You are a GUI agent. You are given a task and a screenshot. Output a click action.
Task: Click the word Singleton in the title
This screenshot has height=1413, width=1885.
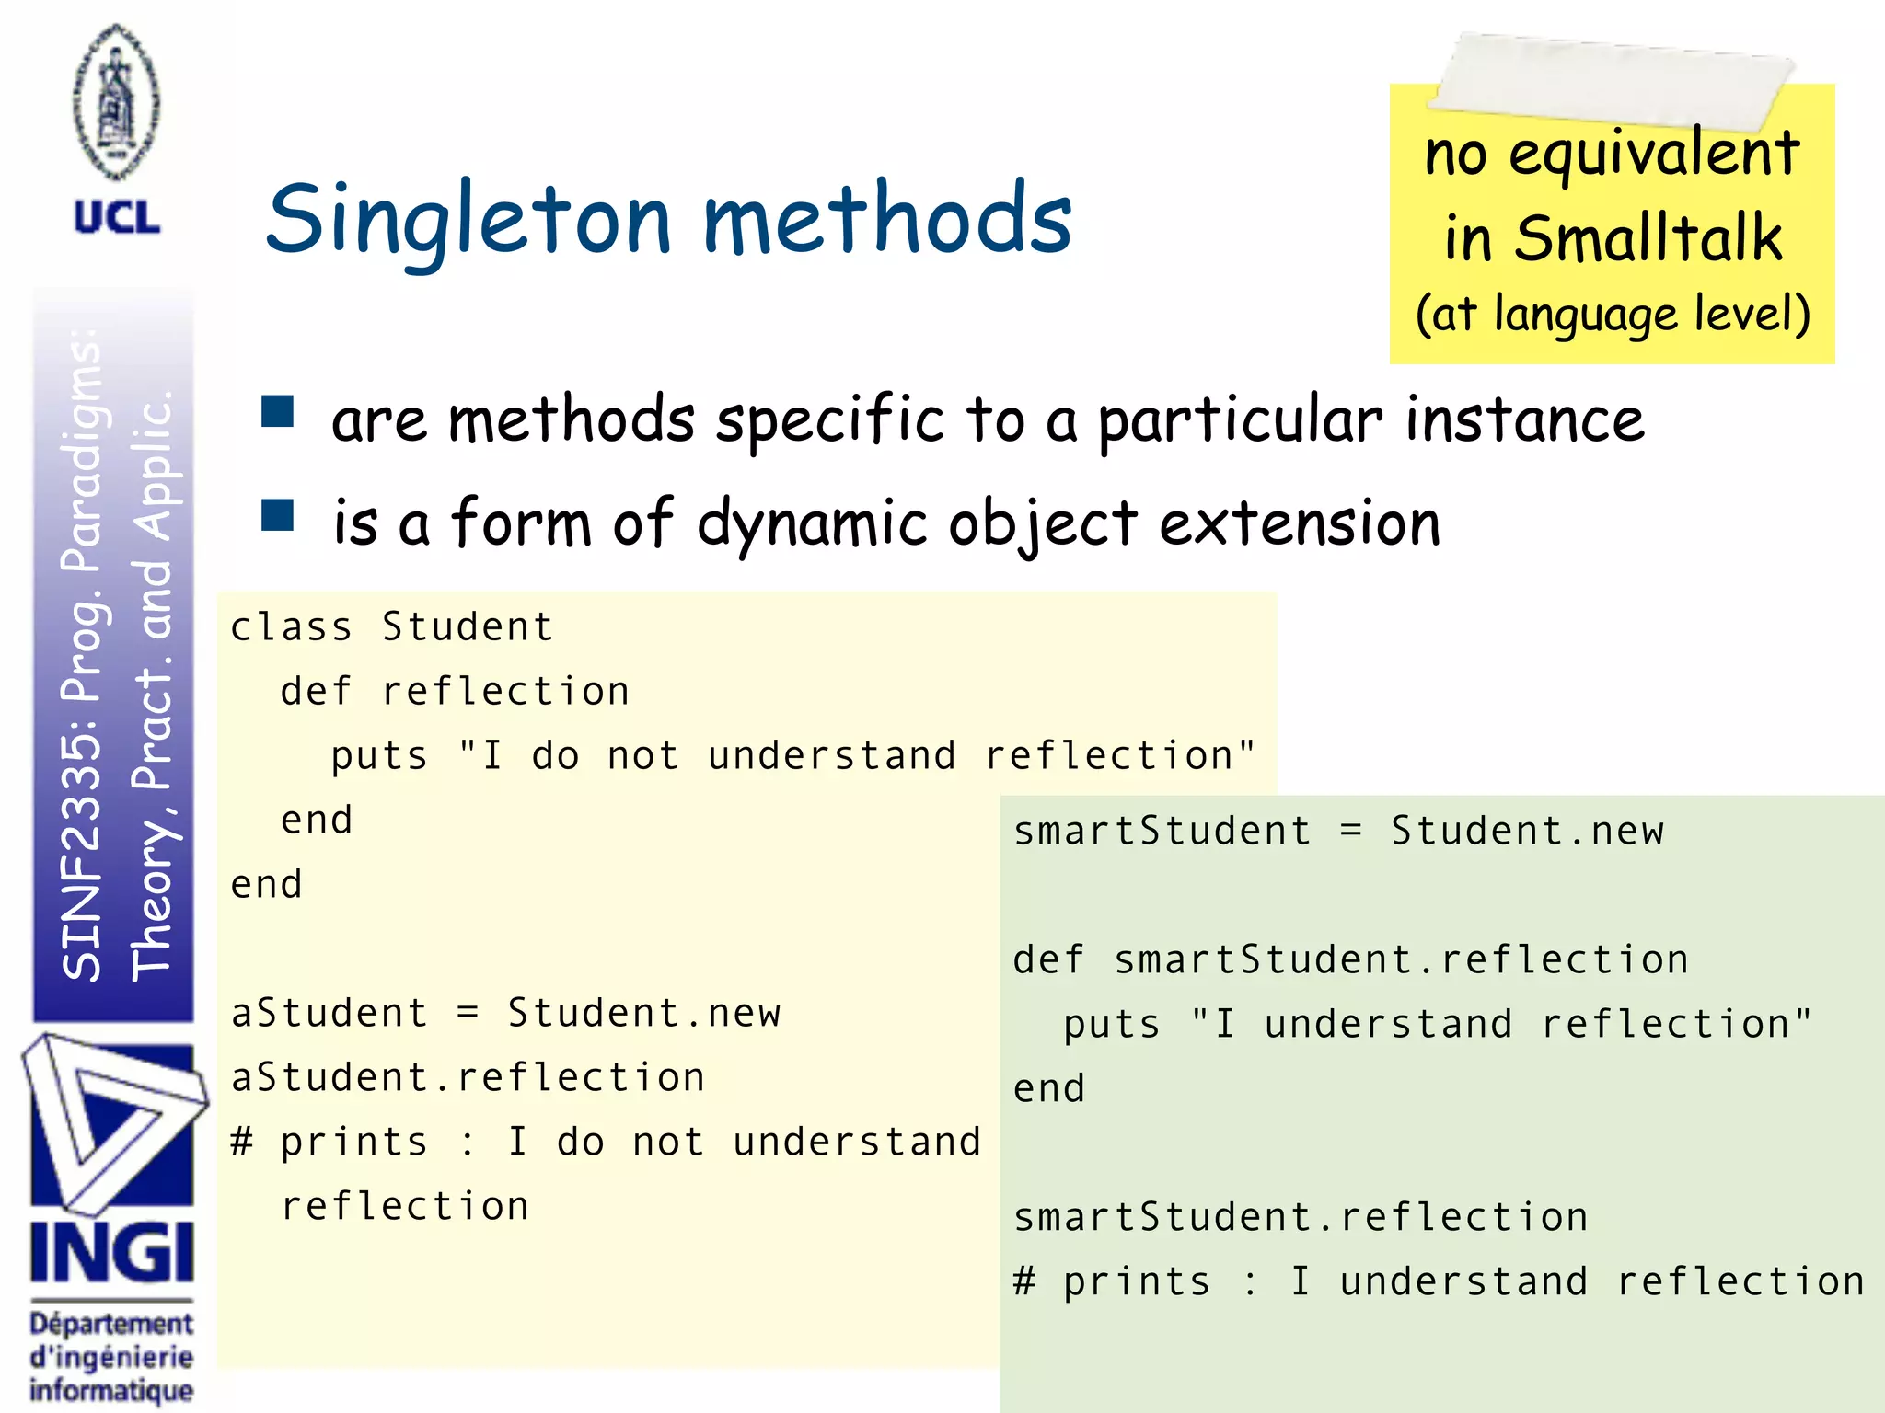pos(469,221)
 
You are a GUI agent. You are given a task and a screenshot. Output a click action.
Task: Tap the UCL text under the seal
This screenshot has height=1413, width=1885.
pos(117,218)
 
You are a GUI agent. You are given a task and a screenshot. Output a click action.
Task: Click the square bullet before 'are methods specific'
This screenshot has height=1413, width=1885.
pos(277,412)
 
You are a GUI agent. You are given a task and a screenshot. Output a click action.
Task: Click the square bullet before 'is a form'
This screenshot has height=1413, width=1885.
pos(277,516)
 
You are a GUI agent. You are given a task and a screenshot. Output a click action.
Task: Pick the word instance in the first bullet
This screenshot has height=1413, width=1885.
pos(1524,419)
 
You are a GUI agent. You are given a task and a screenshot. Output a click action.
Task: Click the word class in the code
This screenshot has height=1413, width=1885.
pos(291,627)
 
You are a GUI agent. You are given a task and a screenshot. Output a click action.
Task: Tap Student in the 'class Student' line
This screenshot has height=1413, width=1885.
pos(468,627)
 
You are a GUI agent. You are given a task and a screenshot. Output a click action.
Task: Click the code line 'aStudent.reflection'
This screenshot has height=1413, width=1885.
pos(468,1078)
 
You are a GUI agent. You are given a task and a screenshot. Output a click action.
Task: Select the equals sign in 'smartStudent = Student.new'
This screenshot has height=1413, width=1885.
pos(1350,831)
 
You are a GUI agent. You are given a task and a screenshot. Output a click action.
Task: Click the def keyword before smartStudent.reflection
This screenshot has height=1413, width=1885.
pos(1048,960)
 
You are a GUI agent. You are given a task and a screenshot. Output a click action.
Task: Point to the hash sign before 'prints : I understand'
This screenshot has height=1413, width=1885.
pos(1024,1281)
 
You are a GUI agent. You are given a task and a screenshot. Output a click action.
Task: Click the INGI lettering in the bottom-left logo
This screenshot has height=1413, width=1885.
pos(111,1253)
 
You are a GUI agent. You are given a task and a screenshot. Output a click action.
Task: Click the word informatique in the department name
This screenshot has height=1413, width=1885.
pos(111,1390)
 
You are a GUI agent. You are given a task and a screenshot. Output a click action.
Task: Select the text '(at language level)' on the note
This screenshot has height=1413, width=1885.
pos(1613,315)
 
